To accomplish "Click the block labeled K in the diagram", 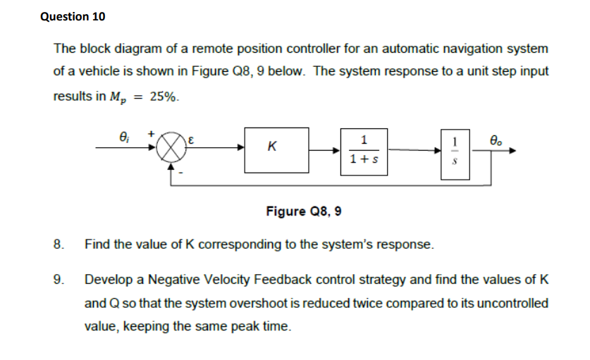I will pos(276,149).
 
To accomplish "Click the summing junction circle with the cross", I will pos(169,149).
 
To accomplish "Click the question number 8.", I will pos(58,245).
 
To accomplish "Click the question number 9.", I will pos(58,280).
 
